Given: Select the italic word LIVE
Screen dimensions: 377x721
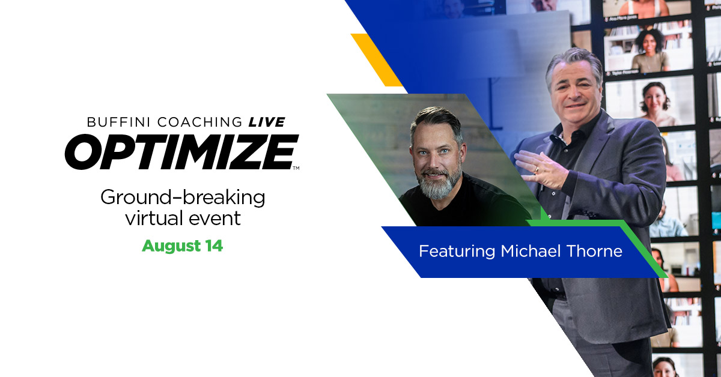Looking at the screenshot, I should (267, 122).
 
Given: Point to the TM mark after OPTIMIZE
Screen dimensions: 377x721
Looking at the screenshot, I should (295, 169).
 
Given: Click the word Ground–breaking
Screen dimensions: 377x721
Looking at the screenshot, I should (183, 197).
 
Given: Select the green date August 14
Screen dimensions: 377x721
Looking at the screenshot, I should (182, 246).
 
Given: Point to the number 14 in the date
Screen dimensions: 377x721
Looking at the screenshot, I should (214, 246).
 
